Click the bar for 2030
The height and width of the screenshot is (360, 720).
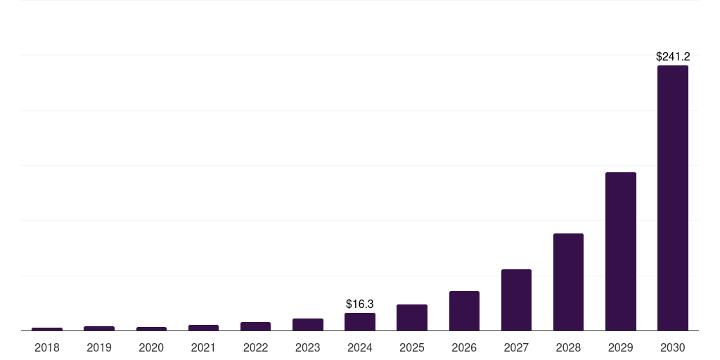coord(672,198)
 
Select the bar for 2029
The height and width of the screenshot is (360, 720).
coord(620,251)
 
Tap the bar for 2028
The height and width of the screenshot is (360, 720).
coord(568,281)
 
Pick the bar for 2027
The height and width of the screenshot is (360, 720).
coord(516,300)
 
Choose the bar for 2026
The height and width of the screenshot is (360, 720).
coord(464,310)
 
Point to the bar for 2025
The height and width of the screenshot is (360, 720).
coord(412,317)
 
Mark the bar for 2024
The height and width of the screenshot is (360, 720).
coord(360,321)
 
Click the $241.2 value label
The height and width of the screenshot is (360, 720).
coord(672,56)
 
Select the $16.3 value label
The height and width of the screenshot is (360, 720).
coord(360,304)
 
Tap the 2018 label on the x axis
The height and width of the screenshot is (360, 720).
coord(47,347)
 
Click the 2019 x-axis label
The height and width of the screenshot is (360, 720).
coord(99,347)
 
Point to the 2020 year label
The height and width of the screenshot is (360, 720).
coord(151,347)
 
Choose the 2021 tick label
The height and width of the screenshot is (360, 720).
coord(203,347)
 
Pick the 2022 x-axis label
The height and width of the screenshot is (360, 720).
coord(255,347)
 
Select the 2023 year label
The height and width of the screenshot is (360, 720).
coord(308,347)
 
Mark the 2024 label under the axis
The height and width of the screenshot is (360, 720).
coord(360,347)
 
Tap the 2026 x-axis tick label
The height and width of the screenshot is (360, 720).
coord(464,347)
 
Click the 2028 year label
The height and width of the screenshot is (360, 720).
coord(568,347)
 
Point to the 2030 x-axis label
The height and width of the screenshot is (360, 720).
coord(672,347)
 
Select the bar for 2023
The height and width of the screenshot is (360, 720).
coord(308,324)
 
